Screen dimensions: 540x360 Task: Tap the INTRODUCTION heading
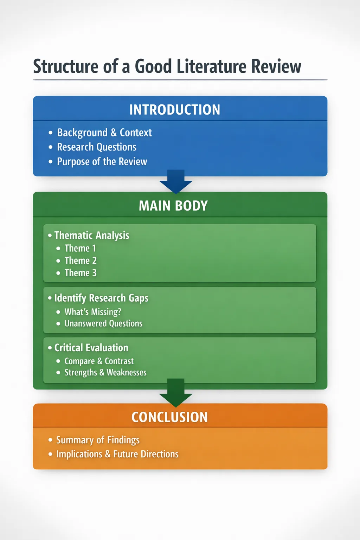tap(175, 110)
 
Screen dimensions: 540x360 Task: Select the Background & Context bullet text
tap(104, 133)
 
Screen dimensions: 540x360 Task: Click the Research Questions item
tap(97, 147)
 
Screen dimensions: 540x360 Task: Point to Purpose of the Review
tap(102, 162)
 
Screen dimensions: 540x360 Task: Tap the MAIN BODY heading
tap(173, 206)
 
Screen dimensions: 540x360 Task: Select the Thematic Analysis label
tap(92, 235)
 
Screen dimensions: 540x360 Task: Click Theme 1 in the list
tap(80, 248)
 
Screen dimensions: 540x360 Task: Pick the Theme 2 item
tap(81, 261)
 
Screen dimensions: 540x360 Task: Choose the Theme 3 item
tap(81, 273)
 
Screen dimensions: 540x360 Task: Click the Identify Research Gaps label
tap(101, 298)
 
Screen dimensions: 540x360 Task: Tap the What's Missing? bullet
tap(93, 312)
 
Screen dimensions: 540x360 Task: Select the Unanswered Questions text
tap(103, 323)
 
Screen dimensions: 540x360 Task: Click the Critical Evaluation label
tap(91, 348)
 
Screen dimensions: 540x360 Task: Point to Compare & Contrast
tap(99, 361)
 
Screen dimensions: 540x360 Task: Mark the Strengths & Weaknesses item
tap(105, 373)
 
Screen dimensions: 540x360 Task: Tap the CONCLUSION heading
tap(170, 417)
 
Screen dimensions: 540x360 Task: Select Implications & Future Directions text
tap(117, 454)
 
